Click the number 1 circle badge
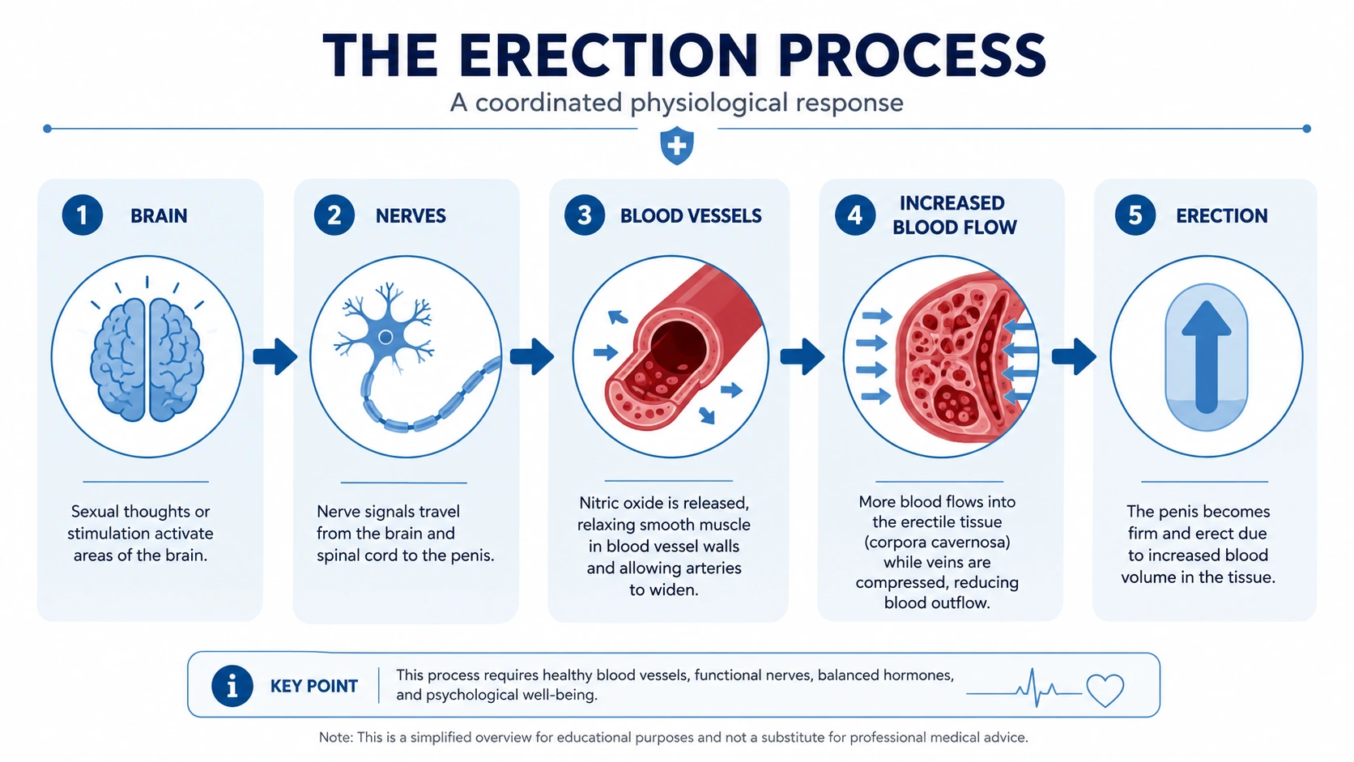pos(83,215)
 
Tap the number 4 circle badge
pos(854,215)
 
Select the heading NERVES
pos(411,215)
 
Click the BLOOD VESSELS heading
pos(691,215)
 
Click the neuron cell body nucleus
pos(385,337)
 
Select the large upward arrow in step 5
pos(1207,356)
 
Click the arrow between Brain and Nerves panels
pos(275,356)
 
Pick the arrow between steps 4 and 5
pos(1074,356)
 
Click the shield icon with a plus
pos(677,146)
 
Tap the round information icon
pos(232,686)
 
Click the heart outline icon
pos(1105,689)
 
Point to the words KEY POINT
pos(313,687)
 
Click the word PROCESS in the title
pos(912,55)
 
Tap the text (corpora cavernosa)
pos(938,542)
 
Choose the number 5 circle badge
pos(1135,215)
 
